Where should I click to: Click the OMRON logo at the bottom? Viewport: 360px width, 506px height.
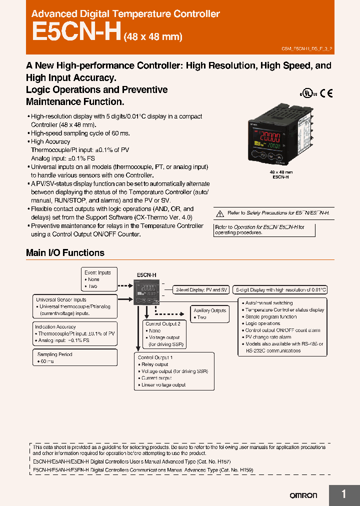303,495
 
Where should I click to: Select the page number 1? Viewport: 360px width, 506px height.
343,494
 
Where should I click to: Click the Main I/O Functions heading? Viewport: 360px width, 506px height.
65,252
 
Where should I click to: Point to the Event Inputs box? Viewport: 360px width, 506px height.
99,279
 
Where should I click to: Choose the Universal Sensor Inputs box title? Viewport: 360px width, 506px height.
61,299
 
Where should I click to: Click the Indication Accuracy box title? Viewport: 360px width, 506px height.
55,327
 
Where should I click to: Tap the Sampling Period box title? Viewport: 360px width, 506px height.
55,354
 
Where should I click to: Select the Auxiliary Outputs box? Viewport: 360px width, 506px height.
209,314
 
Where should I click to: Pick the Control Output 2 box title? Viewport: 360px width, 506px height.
162,323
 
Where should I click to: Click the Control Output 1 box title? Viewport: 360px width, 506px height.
155,357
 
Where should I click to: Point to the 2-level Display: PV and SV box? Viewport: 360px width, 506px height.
201,290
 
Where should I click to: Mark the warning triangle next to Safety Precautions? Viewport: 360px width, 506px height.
219,213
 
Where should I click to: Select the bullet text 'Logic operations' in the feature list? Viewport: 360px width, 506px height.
262,323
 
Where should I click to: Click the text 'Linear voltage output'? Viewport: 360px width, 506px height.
163,384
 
